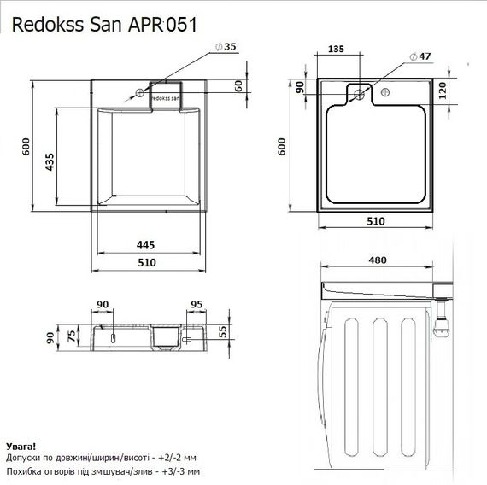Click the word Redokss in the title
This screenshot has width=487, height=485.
49,24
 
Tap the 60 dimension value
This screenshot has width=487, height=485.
239,85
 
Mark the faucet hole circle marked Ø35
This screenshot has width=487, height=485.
137,92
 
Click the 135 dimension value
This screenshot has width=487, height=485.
337,50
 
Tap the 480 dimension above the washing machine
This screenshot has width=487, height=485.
376,260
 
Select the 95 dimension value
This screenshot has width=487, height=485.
196,304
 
